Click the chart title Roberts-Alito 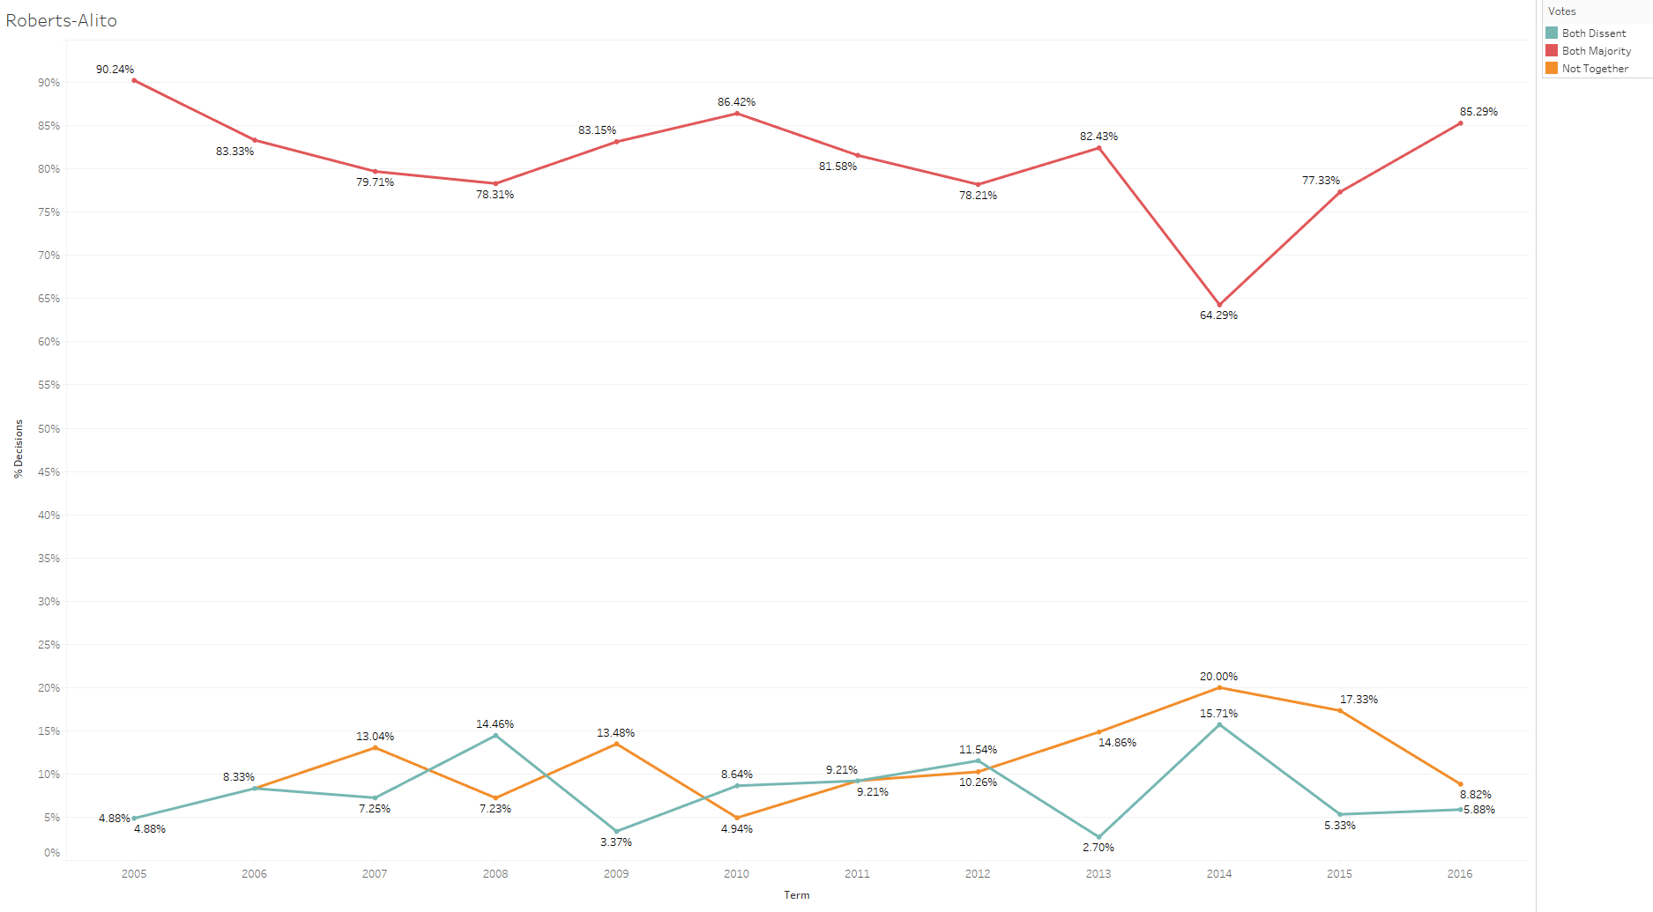click(61, 20)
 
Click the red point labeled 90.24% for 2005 click(134, 80)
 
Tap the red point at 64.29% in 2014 click(1219, 305)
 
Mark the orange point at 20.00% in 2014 click(1219, 687)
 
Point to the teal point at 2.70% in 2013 click(1098, 837)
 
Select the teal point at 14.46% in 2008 click(495, 735)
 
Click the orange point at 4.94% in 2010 click(737, 818)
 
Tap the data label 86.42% click(736, 102)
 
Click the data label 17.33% click(1359, 700)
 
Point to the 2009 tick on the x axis click(616, 874)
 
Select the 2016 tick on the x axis click(1460, 874)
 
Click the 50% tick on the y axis click(48, 429)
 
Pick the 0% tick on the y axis click(52, 853)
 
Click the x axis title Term click(796, 895)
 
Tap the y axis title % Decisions click(19, 449)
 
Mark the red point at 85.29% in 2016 click(1460, 123)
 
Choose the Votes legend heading click(1561, 11)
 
